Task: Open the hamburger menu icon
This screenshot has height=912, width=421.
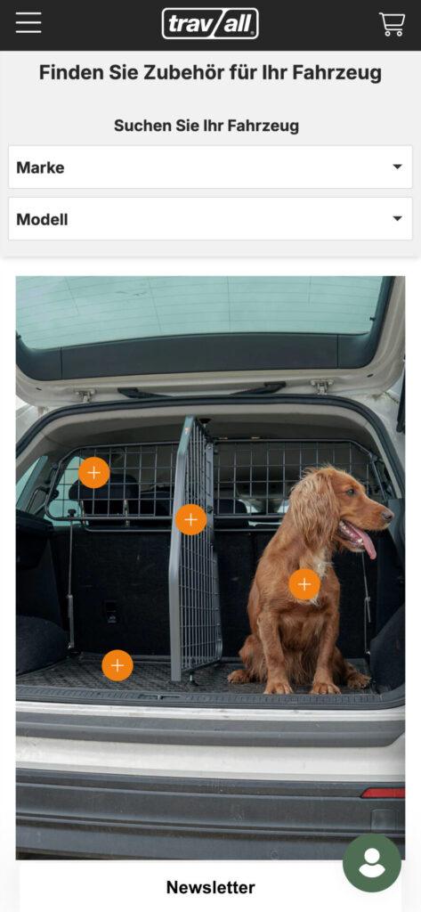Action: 28,22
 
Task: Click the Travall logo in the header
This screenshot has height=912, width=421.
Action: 210,24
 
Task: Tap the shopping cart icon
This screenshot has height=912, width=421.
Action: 392,24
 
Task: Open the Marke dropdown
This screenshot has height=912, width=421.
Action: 210,167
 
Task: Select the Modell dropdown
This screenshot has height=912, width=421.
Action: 210,219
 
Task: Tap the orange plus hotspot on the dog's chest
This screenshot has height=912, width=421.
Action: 304,584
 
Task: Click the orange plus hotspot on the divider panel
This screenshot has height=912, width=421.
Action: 190,519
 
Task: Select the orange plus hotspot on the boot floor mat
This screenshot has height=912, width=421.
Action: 117,664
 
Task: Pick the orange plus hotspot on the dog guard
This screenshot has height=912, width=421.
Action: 93,472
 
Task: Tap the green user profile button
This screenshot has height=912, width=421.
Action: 371,863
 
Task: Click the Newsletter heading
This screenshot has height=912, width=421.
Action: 210,887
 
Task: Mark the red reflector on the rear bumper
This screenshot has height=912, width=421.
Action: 383,793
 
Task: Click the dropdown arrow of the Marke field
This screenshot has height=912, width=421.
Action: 397,167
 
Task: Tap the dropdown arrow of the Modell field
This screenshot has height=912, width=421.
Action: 397,219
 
